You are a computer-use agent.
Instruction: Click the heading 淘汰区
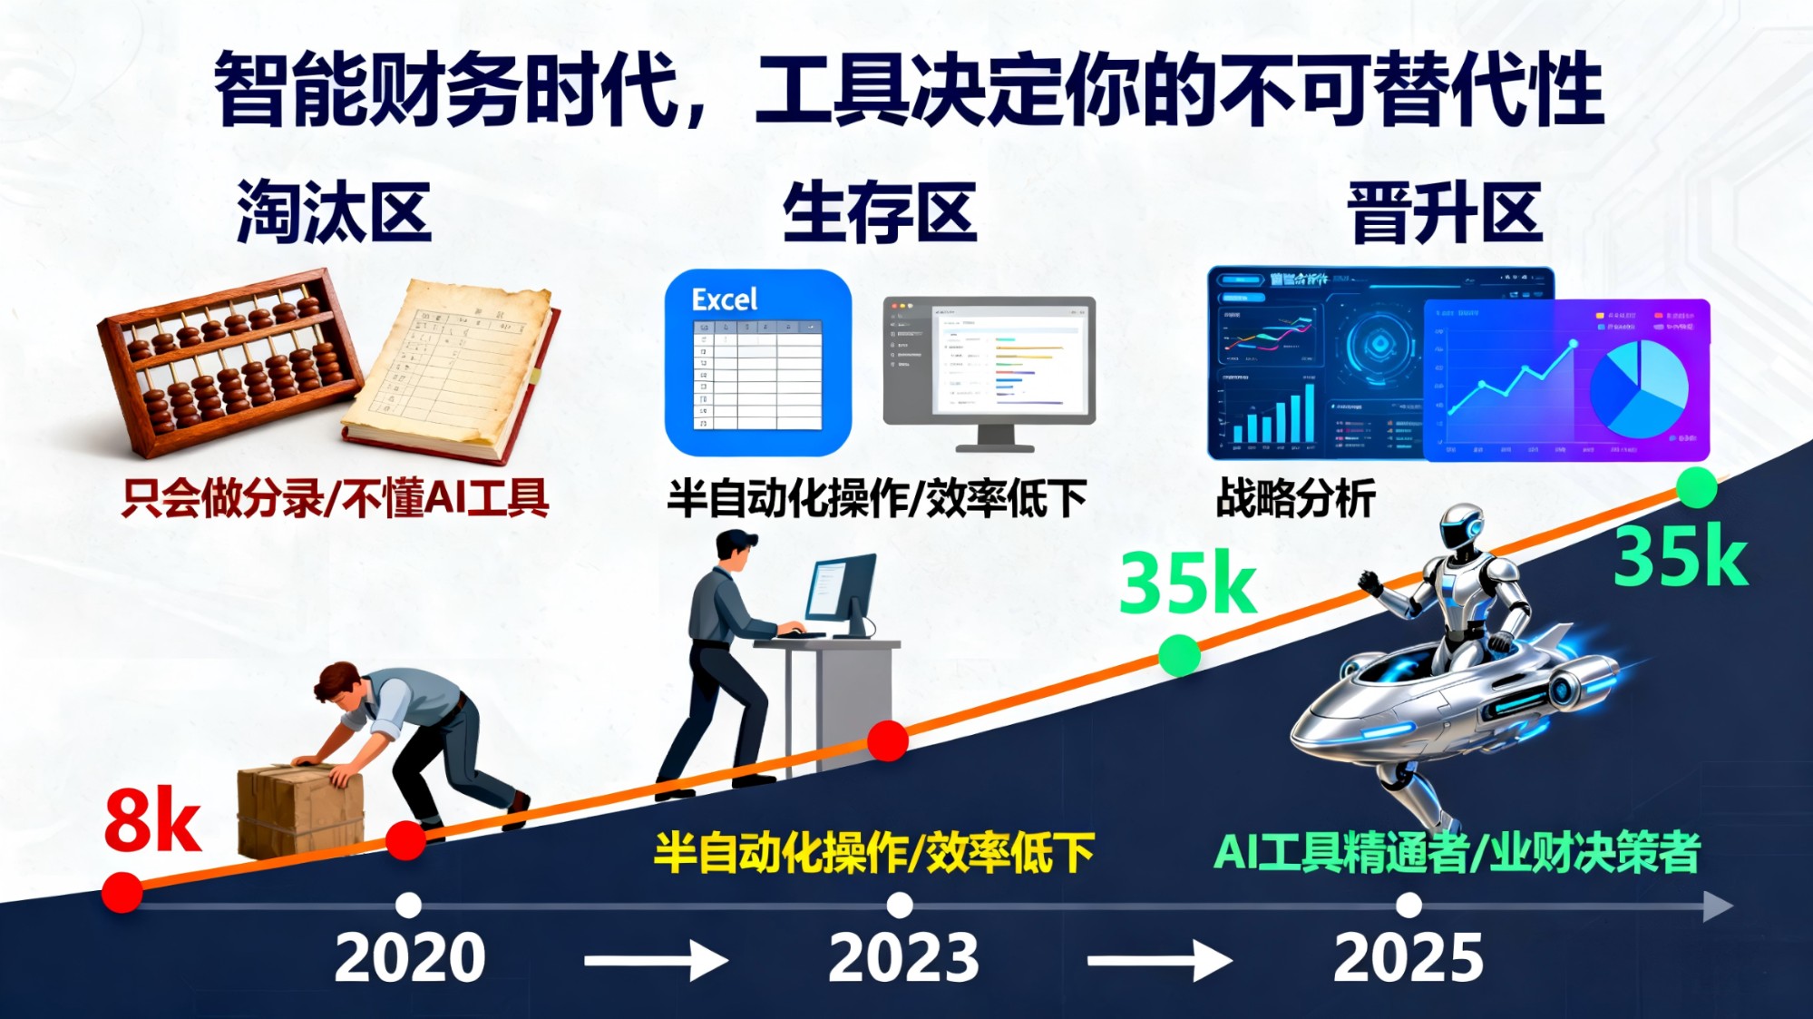(333, 211)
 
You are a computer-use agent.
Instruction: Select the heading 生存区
(879, 211)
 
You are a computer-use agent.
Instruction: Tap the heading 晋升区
(1446, 211)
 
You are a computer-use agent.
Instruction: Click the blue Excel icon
(758, 362)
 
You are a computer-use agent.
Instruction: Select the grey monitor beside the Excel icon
(989, 367)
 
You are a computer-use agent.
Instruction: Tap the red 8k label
(152, 821)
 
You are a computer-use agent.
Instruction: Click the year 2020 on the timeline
(410, 957)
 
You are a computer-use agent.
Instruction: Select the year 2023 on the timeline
(903, 957)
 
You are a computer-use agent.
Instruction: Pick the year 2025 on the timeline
(1408, 957)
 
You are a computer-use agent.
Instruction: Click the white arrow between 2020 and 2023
(656, 960)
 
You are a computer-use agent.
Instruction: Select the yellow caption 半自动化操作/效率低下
(873, 852)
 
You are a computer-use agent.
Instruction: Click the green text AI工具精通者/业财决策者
(1456, 852)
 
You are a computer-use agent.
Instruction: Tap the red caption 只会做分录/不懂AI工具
(335, 498)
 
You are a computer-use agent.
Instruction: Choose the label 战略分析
(1295, 498)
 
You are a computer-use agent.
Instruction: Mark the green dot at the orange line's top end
(1696, 488)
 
